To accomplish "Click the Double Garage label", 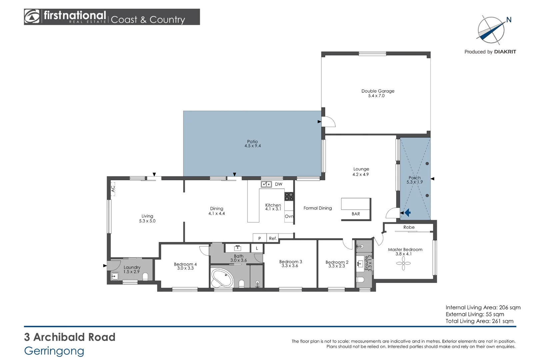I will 378,91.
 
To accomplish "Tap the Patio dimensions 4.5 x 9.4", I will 252,146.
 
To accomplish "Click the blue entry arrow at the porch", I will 407,212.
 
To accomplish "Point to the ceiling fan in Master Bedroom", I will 403,263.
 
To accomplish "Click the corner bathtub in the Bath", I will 222,278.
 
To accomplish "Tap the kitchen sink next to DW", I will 266,184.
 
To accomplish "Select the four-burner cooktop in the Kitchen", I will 289,196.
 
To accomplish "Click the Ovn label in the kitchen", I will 289,216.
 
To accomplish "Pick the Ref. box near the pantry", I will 273,238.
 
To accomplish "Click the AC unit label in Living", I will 113,189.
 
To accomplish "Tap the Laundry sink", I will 115,276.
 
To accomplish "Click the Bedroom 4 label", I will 185,264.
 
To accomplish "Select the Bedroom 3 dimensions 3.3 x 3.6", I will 290,266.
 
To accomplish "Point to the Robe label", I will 409,227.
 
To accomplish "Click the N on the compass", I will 509,20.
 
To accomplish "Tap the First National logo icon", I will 32,17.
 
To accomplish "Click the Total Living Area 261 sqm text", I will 479,321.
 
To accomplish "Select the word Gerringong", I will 54,351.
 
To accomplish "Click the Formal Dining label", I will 317,208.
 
